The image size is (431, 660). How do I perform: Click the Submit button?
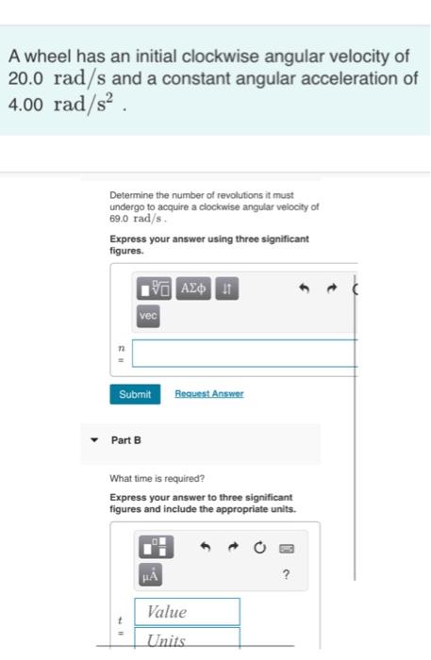pyautogui.click(x=135, y=394)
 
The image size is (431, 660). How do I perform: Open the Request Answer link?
pyautogui.click(x=208, y=394)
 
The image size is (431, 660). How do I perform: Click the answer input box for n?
pyautogui.click(x=243, y=354)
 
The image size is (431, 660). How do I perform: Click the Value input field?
pyautogui.click(x=187, y=612)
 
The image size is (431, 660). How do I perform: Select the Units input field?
pyautogui.click(x=187, y=640)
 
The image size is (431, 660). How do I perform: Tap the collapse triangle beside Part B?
pyautogui.click(x=92, y=440)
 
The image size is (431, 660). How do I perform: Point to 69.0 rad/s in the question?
pyautogui.click(x=134, y=217)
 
